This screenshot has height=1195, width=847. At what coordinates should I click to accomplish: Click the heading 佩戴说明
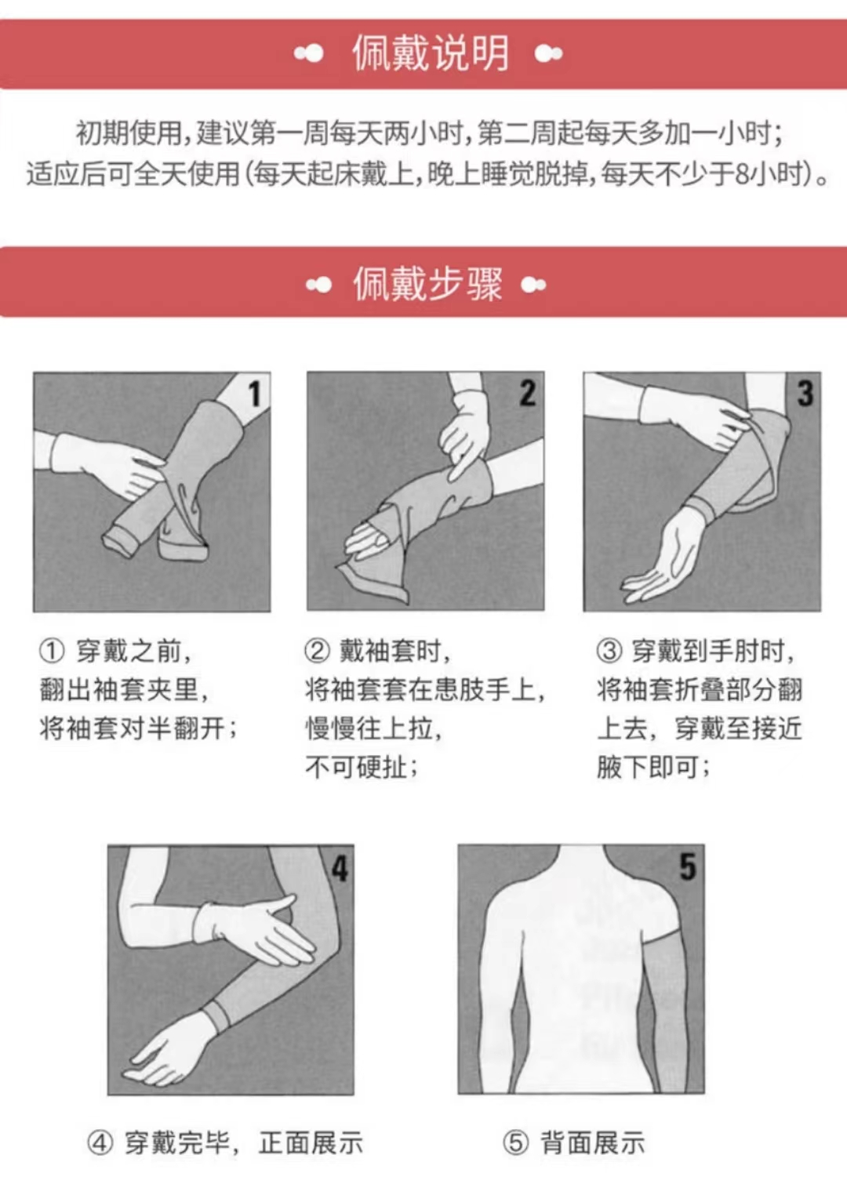431,53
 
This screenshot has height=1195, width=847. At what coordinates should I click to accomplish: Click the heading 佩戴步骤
428,284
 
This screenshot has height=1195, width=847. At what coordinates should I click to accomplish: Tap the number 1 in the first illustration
255,394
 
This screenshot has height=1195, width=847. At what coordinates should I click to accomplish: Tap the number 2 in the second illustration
527,393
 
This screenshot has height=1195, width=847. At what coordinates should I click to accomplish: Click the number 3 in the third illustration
805,393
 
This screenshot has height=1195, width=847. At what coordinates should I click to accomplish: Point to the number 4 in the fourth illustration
340,869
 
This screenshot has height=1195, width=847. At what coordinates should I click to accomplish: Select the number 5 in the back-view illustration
688,866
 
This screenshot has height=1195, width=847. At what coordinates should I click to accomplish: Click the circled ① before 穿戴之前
52,652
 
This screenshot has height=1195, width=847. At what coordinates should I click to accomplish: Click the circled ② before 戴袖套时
317,652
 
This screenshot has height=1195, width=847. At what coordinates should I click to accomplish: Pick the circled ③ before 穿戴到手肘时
609,652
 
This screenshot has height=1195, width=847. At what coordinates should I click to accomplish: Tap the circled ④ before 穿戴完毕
100,1142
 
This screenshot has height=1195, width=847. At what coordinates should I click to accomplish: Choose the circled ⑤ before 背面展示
516,1142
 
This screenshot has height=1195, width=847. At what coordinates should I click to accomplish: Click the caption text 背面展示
592,1142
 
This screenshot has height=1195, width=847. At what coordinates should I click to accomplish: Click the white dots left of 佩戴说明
308,53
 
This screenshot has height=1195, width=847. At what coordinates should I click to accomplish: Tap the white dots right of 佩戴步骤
533,285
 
